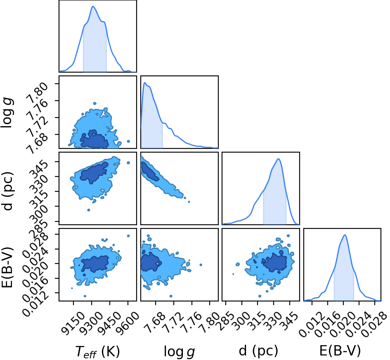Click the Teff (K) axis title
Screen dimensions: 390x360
click(97, 351)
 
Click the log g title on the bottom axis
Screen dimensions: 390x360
click(179, 351)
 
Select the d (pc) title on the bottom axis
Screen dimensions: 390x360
click(258, 351)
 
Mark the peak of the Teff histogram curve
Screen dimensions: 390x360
click(93, 6)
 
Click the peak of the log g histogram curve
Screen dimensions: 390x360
click(145, 82)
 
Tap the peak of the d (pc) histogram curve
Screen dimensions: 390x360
click(279, 159)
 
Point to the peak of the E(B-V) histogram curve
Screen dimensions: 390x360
click(345, 235)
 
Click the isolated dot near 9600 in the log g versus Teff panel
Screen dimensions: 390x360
click(128, 141)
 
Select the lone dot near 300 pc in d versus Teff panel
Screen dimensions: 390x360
click(89, 210)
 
